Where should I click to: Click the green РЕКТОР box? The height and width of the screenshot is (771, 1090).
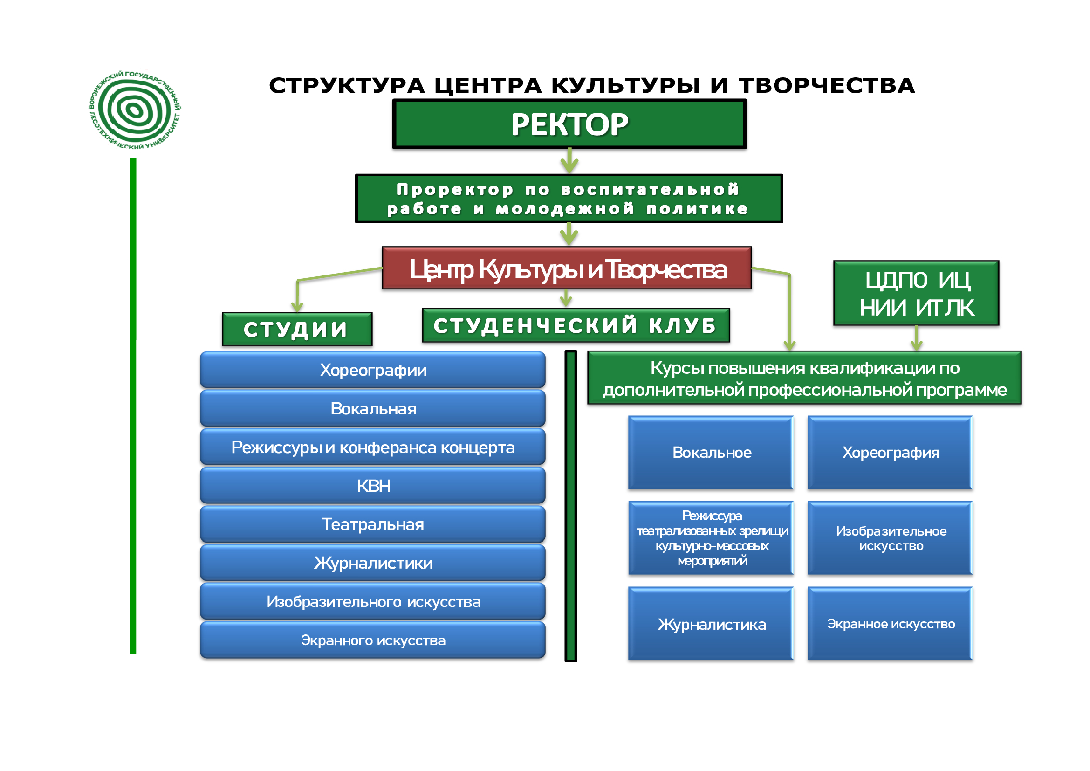569,124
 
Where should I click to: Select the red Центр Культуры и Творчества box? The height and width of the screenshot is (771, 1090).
566,268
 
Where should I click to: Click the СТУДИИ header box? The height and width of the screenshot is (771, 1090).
297,330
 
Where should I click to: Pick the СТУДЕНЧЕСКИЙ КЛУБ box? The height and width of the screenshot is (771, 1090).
576,326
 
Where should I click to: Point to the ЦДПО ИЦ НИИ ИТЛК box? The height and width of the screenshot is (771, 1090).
916,293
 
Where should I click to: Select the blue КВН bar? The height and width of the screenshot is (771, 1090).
373,486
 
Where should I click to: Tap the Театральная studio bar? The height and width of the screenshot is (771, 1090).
373,524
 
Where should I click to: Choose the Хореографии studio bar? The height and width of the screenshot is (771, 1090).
373,370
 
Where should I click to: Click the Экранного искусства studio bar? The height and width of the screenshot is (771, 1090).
373,640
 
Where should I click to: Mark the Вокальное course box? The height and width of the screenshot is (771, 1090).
711,453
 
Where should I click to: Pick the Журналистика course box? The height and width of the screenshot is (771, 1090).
711,624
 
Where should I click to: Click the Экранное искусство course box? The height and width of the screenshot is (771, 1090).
890,624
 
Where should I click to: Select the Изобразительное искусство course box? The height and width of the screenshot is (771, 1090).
890,538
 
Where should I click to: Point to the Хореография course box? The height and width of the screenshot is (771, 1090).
890,453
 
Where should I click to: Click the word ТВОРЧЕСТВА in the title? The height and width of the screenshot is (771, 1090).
827,86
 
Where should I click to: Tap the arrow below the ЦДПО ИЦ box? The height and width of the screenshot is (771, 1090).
916,339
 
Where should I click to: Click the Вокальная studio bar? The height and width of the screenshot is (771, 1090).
373,408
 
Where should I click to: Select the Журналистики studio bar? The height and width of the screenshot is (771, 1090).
373,563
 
